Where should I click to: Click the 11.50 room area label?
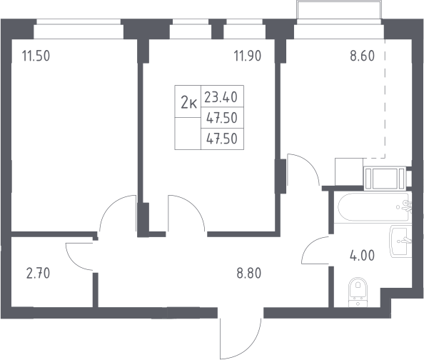click(36, 56)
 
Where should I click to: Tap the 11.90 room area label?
click(248, 56)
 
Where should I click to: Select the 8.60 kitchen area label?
click(363, 56)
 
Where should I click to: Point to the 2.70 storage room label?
click(38, 274)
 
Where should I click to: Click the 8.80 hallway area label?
click(249, 274)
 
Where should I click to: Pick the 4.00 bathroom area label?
click(363, 256)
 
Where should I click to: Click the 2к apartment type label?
click(188, 103)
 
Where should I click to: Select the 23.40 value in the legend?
click(221, 97)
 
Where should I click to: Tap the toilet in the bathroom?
click(358, 292)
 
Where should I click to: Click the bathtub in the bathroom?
click(373, 207)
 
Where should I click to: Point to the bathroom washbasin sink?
click(400, 241)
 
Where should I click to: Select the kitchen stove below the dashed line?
click(385, 178)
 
